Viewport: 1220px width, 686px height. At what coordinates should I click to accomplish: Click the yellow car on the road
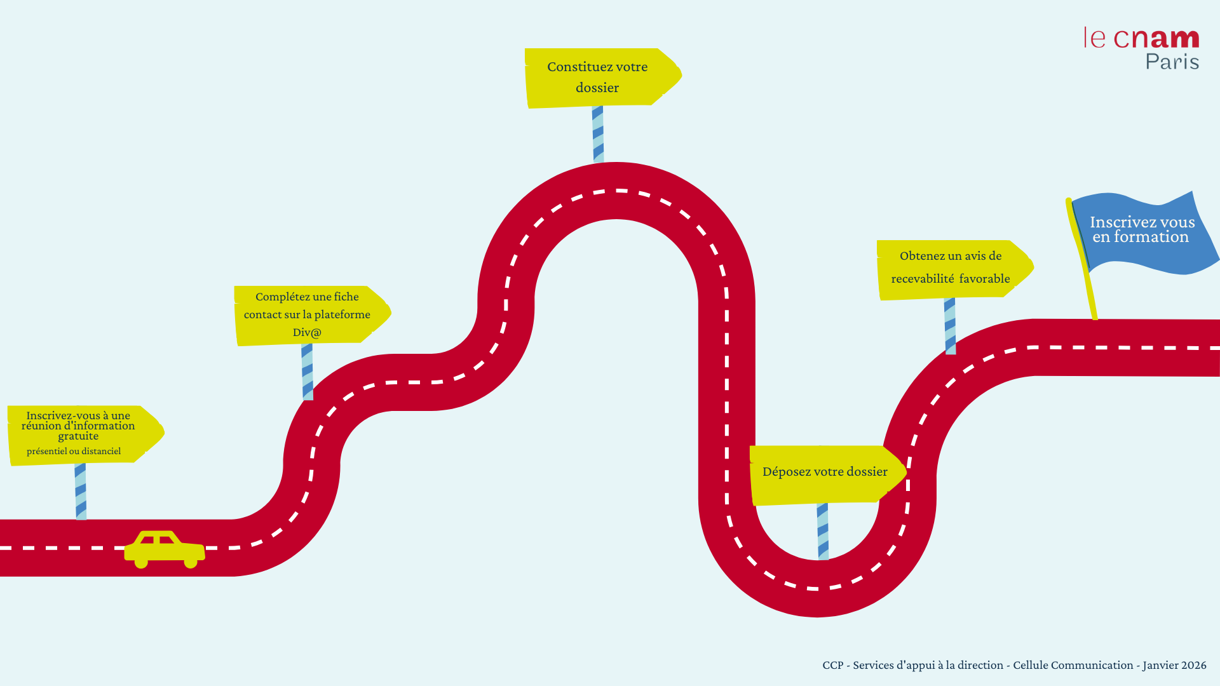[164, 548]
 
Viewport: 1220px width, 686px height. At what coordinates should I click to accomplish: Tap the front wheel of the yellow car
[191, 563]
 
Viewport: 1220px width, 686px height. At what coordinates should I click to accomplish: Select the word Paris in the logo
[1172, 62]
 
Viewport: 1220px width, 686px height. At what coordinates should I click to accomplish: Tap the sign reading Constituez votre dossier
[597, 77]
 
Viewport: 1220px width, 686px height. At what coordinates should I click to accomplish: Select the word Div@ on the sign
[307, 332]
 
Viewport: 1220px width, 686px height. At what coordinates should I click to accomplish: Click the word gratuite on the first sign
[78, 436]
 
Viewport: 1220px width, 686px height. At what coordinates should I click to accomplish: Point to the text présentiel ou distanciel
[74, 452]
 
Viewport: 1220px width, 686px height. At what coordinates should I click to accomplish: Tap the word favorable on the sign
[984, 279]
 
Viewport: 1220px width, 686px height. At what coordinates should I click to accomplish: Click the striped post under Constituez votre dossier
[598, 134]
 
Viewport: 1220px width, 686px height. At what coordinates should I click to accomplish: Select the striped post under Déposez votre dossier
[823, 531]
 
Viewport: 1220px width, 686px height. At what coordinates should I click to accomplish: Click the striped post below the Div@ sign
[308, 372]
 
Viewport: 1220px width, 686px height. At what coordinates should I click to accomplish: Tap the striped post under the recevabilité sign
[950, 326]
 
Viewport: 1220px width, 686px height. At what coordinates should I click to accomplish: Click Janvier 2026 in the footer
[1174, 665]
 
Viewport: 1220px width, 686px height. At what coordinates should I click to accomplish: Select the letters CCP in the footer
[833, 665]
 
